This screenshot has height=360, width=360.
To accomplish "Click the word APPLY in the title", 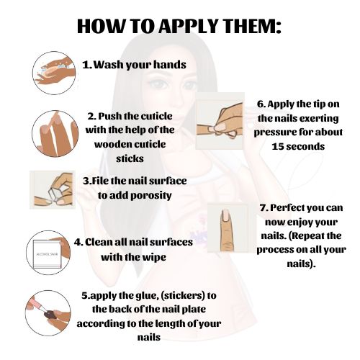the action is tap(188, 25).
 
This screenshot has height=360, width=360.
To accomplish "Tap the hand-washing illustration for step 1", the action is tap(54, 73).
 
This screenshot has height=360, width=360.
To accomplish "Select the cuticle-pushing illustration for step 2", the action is tap(55, 134).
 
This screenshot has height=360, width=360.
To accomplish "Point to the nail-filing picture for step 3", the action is tap(53, 190).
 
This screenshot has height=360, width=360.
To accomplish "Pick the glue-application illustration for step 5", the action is tap(48, 313).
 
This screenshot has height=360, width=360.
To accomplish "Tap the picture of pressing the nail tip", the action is tap(220, 121).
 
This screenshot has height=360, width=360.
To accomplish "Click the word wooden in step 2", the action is tap(113, 144).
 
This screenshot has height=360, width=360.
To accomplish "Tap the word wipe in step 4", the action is tap(154, 258).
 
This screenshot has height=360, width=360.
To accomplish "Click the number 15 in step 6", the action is tap(277, 146).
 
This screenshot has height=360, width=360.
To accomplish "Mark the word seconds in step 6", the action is tap(305, 146).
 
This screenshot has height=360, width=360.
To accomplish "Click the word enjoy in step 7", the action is tap(300, 222).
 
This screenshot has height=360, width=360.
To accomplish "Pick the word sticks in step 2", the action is tap(130, 158).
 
